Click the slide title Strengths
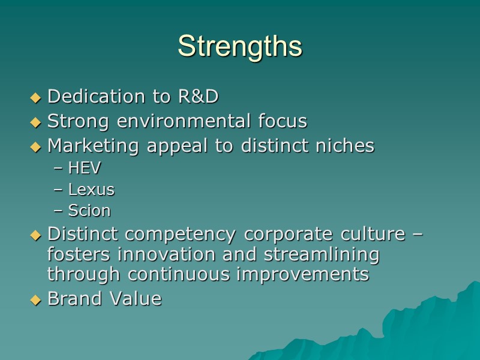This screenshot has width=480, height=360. tap(240, 46)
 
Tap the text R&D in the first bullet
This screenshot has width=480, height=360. tap(198, 96)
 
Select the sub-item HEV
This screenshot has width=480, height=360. tap(85, 169)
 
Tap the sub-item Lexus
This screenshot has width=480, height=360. tap(91, 190)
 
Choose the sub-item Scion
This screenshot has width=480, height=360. tap(89, 211)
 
